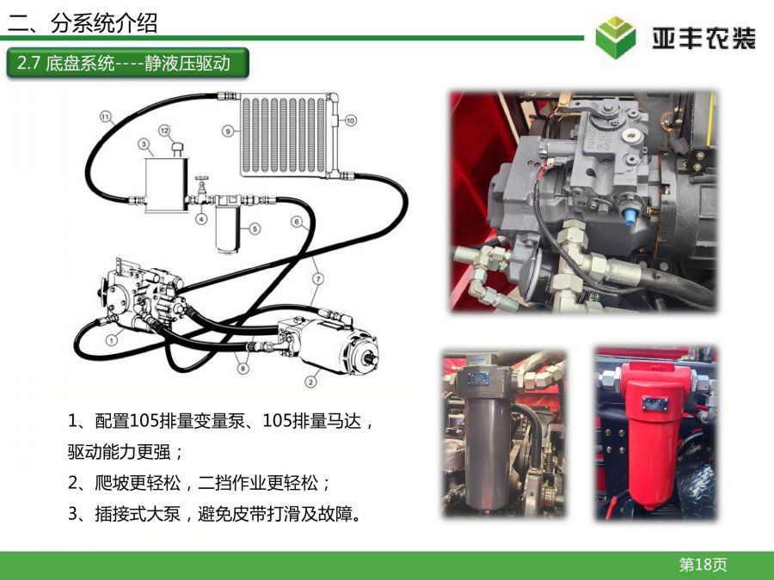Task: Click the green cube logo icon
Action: tap(615, 37)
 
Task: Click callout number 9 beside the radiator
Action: tap(228, 131)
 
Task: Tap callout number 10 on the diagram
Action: tap(351, 120)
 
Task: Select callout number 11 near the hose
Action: tap(106, 117)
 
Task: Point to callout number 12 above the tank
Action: tap(164, 131)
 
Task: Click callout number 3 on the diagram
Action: tap(144, 144)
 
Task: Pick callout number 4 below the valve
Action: tap(201, 218)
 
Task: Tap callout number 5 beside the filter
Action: tap(255, 229)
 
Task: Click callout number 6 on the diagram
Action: tap(297, 222)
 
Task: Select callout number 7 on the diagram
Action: tap(318, 279)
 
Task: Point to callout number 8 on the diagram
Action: tap(243, 368)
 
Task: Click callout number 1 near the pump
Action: tap(112, 340)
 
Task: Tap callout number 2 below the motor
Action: tap(310, 382)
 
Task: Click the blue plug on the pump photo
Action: tap(630, 217)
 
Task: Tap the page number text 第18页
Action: tap(703, 565)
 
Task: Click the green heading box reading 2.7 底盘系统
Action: tap(127, 63)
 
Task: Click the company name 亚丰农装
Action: tap(703, 38)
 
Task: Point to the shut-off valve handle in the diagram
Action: tap(201, 179)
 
